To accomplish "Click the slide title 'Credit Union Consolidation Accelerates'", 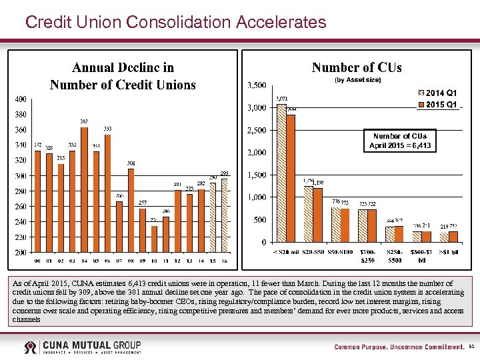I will point(175,22).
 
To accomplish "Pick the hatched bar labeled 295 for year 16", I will point(225,215).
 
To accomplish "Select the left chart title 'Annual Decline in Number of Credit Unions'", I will point(123,76).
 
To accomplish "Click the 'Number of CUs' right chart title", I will point(357,67).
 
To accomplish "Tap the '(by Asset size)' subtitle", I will point(357,80).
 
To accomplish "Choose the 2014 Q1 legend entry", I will point(437,93).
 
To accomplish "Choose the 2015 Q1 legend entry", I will point(437,105).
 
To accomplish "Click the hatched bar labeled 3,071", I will point(281,173).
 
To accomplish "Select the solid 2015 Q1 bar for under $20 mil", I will point(291,178).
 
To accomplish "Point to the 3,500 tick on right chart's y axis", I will point(257,85).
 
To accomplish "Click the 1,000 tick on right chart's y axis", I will point(257,197).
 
